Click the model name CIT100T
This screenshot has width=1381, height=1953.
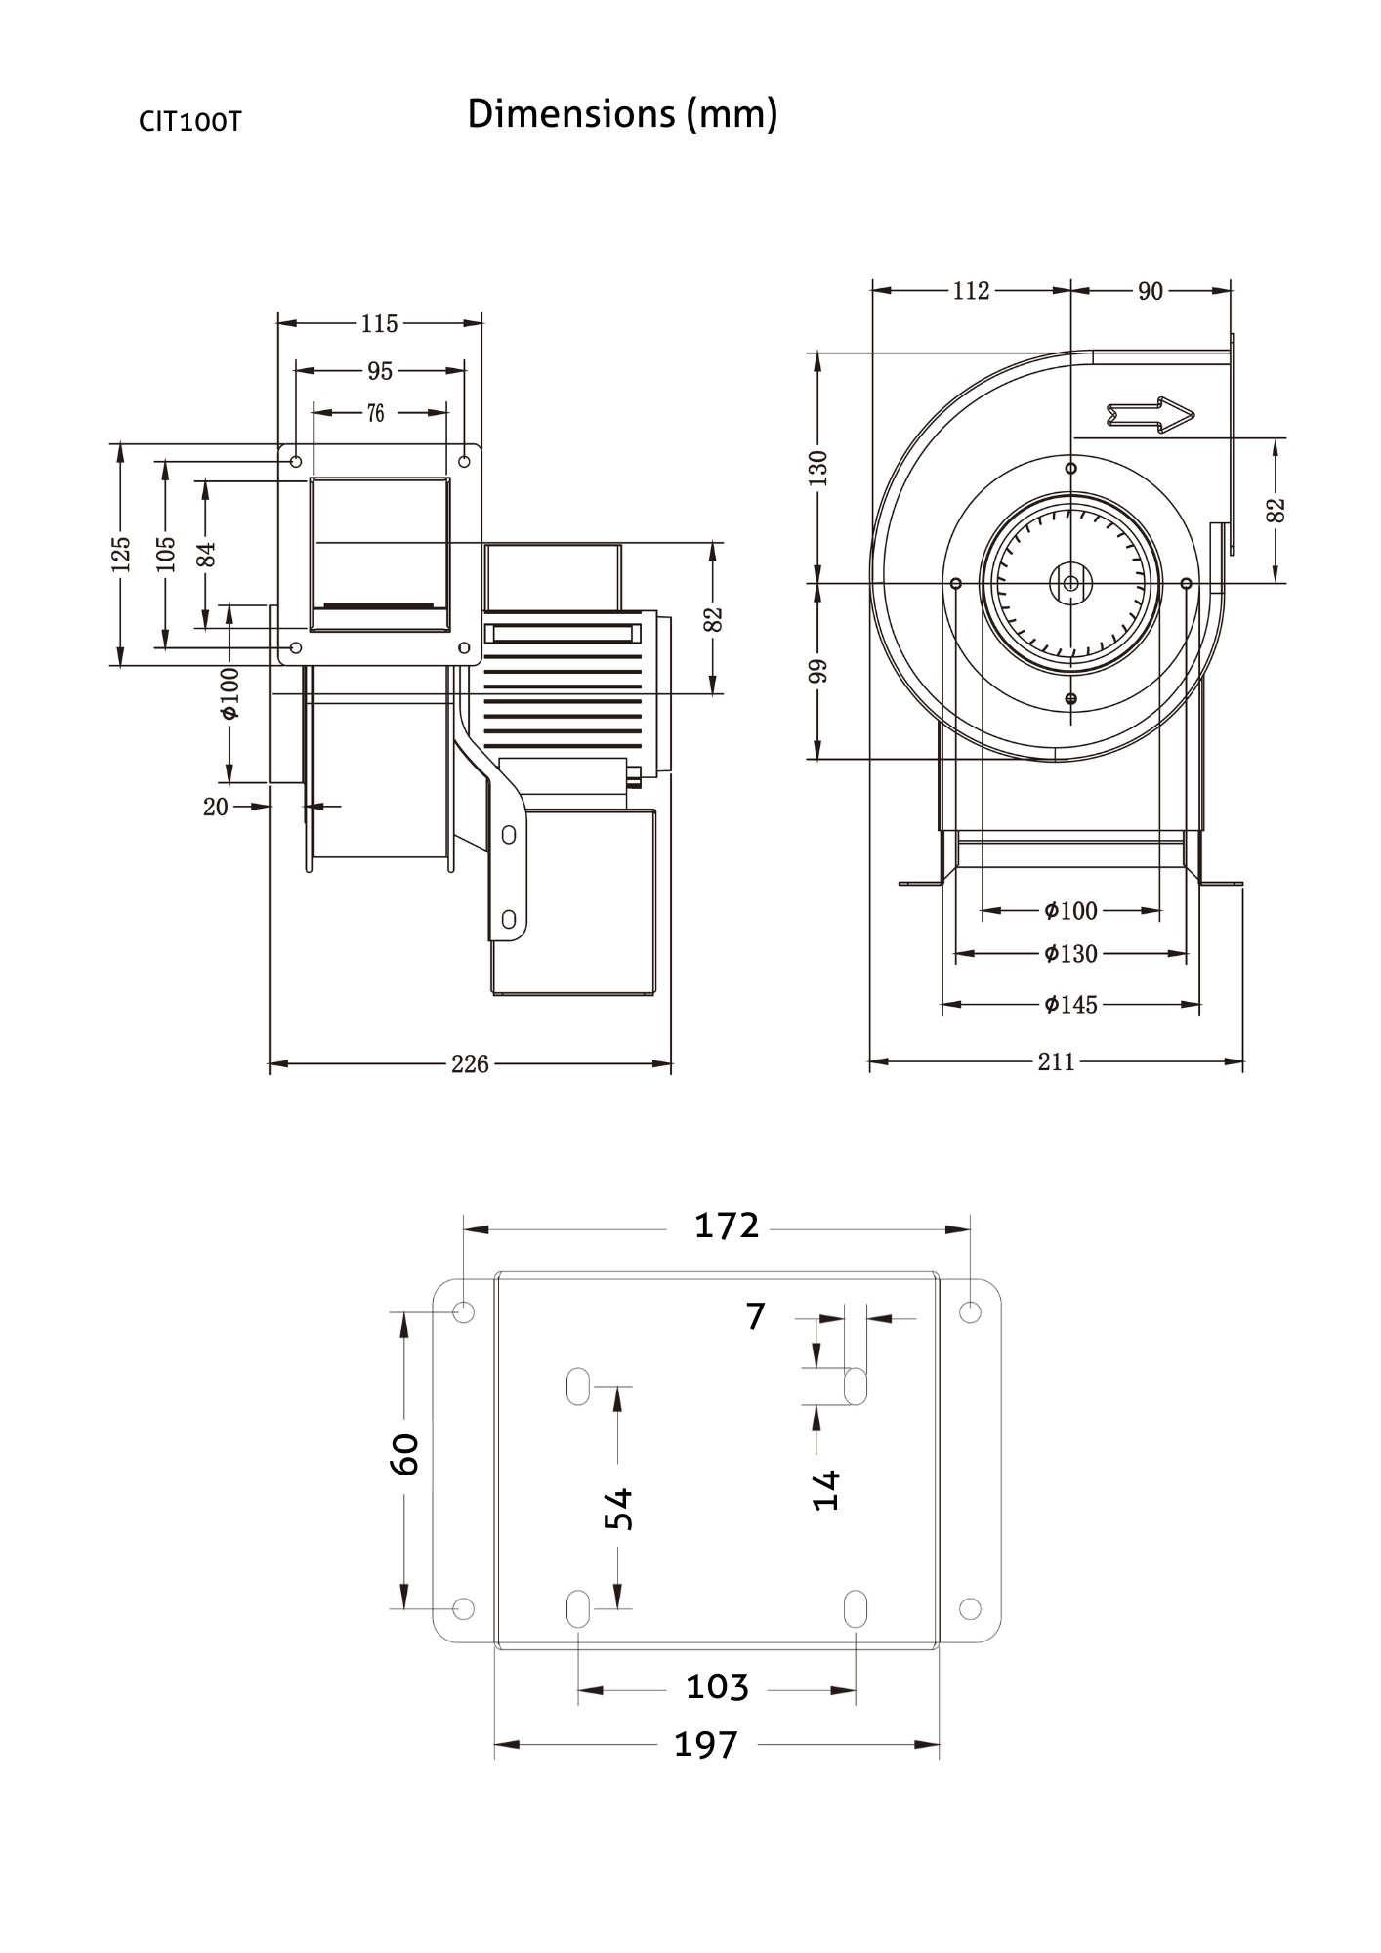pyautogui.click(x=189, y=121)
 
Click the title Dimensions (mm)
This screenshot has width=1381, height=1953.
pyautogui.click(x=622, y=114)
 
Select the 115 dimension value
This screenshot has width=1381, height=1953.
pyautogui.click(x=379, y=323)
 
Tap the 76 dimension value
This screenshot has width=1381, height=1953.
pyautogui.click(x=376, y=413)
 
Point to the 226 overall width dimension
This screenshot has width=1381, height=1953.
pyautogui.click(x=469, y=1063)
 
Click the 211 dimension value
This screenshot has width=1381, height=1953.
pyautogui.click(x=1056, y=1061)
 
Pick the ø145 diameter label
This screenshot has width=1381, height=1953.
pyautogui.click(x=1070, y=1004)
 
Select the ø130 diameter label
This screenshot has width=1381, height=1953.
pyautogui.click(x=1070, y=953)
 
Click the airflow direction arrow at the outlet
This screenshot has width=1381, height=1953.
pyautogui.click(x=1151, y=414)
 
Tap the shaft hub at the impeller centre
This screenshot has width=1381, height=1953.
pyautogui.click(x=1070, y=583)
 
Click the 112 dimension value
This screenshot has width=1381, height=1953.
pyautogui.click(x=971, y=291)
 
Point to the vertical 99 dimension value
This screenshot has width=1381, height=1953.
pyautogui.click(x=818, y=670)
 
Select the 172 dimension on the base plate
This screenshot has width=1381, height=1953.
pyautogui.click(x=726, y=1226)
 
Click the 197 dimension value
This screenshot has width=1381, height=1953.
pyautogui.click(x=705, y=1744)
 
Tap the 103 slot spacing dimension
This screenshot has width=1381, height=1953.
pyautogui.click(x=717, y=1686)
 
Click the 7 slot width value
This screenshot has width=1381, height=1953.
pyautogui.click(x=755, y=1316)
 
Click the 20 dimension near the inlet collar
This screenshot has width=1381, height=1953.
pyautogui.click(x=215, y=807)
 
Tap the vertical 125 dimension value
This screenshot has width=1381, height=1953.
pyautogui.click(x=120, y=554)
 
